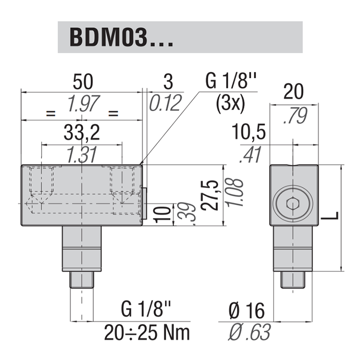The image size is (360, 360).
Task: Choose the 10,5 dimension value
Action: pos(249,134)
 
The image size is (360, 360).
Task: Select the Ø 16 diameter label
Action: pos(246,310)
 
